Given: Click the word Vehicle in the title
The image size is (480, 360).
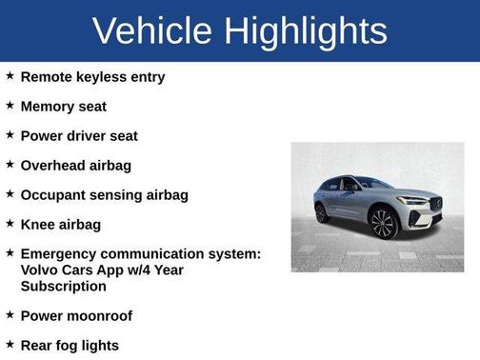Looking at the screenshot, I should (151, 31).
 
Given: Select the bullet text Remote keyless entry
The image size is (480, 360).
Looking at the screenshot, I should (92, 77).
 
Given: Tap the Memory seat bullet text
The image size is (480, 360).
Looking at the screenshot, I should (63, 107).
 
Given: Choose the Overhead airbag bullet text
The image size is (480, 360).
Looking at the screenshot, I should (75, 166).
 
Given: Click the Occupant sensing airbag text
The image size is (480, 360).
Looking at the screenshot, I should (104, 195).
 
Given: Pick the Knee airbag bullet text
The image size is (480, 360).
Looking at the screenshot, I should (60, 225).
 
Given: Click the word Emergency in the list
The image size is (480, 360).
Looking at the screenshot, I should (64, 254).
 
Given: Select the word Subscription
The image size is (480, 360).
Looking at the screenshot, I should (63, 285).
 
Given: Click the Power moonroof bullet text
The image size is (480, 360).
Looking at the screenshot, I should (76, 315).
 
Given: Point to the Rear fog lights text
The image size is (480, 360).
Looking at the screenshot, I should (70, 345).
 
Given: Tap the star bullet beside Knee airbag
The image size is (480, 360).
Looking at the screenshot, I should (10, 224).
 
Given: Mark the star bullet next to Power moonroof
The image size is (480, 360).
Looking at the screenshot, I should (10, 314).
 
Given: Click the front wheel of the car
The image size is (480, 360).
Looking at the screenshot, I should (383, 224).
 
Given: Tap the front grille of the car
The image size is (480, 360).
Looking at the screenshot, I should (435, 205).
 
